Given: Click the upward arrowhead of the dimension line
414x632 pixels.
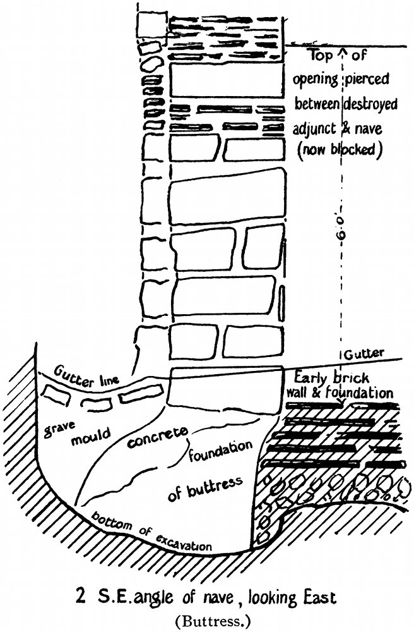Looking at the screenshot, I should tap(341, 51).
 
